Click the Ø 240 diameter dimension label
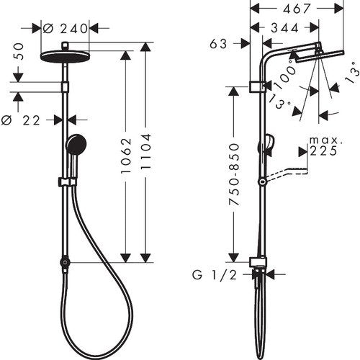tap(65, 29)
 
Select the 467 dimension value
tap(297, 9)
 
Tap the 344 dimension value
tap(285, 28)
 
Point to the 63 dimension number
tap(218, 44)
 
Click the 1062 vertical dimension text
tap(126, 156)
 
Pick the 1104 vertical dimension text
tap(146, 152)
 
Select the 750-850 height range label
tap(234, 174)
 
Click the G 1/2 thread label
tap(215, 275)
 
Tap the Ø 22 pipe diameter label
tap(20, 120)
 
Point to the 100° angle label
tap(285, 74)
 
